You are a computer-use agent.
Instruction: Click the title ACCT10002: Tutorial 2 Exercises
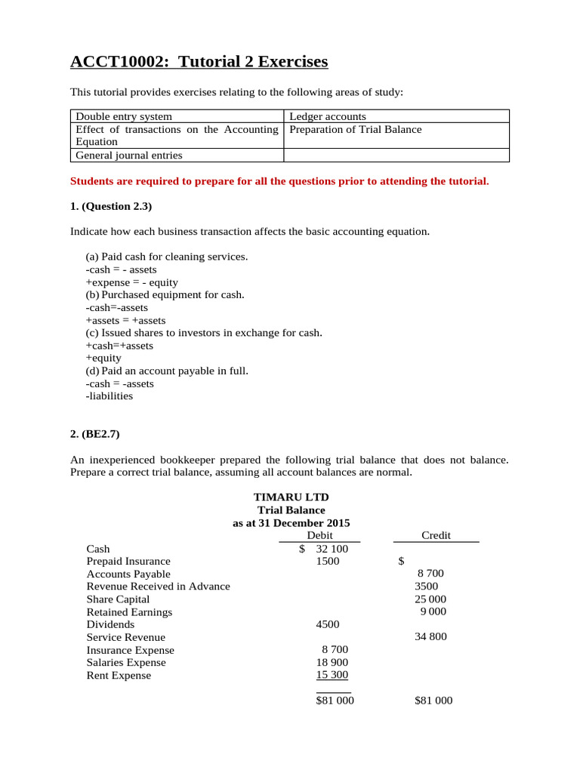tap(199, 61)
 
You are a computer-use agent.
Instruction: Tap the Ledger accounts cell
tap(328, 116)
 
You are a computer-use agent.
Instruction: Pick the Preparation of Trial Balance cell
tap(356, 129)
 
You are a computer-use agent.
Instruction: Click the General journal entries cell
tap(128, 156)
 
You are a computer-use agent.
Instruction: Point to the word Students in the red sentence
tap(91, 181)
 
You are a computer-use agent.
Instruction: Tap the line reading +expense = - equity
tap(132, 282)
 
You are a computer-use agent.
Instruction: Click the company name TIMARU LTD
tap(291, 497)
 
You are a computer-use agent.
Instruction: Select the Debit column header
tap(319, 535)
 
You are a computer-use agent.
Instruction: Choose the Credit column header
tap(436, 535)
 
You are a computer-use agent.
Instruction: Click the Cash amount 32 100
tap(332, 549)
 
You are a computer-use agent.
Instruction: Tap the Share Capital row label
tap(118, 599)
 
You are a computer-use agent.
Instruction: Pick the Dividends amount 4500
tap(327, 624)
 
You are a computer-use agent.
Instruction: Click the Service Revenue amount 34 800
tap(430, 636)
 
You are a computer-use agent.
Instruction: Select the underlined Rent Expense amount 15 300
tap(332, 675)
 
